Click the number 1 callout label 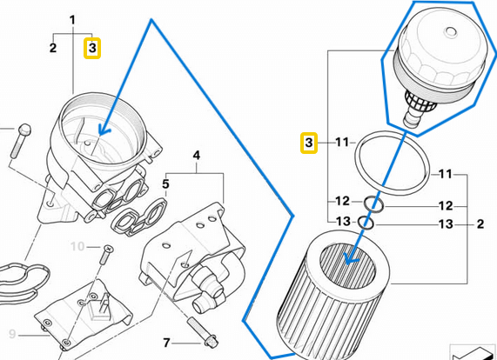72,19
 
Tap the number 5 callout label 166,184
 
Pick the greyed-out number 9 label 12,334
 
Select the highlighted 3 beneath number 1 92,48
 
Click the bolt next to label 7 205,336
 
